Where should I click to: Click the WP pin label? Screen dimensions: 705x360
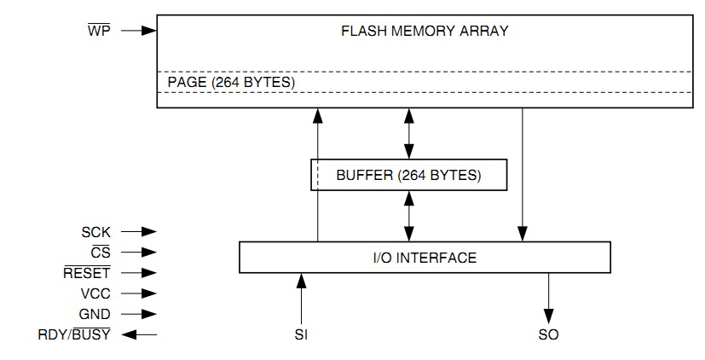(x=99, y=31)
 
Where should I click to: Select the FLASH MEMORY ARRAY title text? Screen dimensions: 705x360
(x=425, y=31)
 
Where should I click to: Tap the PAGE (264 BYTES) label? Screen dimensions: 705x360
(x=231, y=83)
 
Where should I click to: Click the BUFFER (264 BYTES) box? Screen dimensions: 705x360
(x=408, y=175)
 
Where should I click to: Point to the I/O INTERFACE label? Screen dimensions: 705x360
(x=425, y=258)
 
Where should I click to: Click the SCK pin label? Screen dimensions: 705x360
(x=95, y=232)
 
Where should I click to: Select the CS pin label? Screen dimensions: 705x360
(x=101, y=252)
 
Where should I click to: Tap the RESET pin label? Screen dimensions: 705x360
(x=87, y=272)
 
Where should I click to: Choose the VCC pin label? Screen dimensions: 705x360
(x=95, y=293)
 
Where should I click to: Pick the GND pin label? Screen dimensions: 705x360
(x=95, y=314)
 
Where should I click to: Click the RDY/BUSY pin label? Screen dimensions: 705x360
(x=74, y=334)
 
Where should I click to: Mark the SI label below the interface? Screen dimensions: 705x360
(x=301, y=334)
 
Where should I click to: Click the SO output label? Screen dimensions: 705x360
(x=548, y=334)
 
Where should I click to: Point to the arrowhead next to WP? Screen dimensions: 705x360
(x=149, y=31)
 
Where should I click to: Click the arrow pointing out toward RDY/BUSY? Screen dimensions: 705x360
(x=140, y=334)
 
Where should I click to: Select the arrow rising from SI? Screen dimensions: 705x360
(x=301, y=299)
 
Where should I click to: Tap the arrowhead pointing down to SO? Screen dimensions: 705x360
(x=548, y=316)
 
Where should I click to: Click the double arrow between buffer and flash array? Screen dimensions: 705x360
(x=408, y=134)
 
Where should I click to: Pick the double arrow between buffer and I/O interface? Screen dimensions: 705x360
(x=408, y=216)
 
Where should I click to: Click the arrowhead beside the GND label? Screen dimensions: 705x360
(x=149, y=314)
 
